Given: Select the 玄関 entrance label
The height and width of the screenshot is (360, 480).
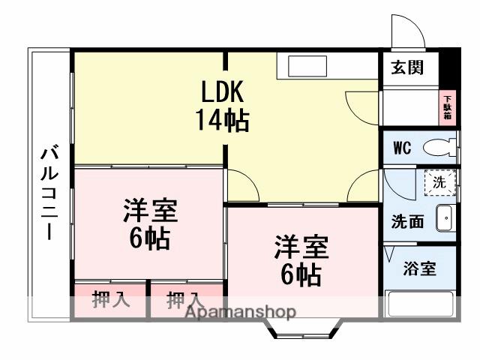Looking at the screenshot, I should click(x=407, y=67).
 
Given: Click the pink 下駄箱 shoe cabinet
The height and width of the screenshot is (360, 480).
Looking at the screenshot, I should click(x=447, y=108).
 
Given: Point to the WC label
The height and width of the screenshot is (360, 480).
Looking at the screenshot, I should click(x=403, y=147).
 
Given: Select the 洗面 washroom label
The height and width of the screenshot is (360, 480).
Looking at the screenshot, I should click(x=408, y=222).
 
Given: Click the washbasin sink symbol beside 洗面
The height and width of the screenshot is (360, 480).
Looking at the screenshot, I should click(x=444, y=217).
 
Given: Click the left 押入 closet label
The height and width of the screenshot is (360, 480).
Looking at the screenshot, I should click(x=111, y=300).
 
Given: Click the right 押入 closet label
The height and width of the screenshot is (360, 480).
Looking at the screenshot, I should click(x=184, y=300).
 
